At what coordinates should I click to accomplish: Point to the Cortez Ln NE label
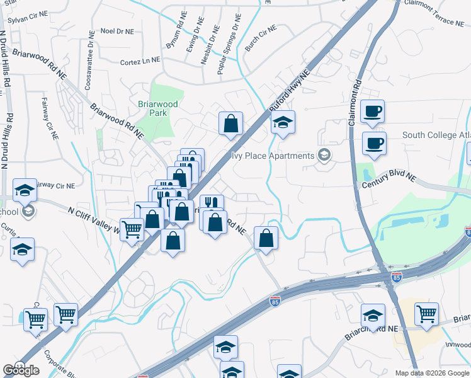(140, 62)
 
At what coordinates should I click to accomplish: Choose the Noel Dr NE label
(117, 31)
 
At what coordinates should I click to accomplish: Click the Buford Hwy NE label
(290, 91)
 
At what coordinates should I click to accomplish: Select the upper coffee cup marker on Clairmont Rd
(373, 111)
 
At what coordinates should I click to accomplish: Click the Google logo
(21, 370)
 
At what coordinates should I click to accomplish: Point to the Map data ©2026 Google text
(433, 373)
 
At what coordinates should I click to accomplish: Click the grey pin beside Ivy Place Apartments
(324, 156)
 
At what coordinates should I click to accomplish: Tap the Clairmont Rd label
(355, 101)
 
